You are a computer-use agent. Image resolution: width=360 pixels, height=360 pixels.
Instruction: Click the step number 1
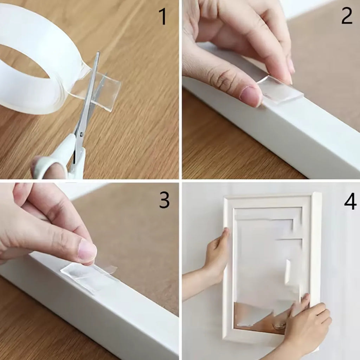(x=162, y=17)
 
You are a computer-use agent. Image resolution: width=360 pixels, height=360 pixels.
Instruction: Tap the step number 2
(x=346, y=16)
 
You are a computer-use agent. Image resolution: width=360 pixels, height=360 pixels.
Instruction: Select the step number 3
(x=164, y=200)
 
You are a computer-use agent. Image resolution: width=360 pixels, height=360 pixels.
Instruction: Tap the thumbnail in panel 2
(x=251, y=96)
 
